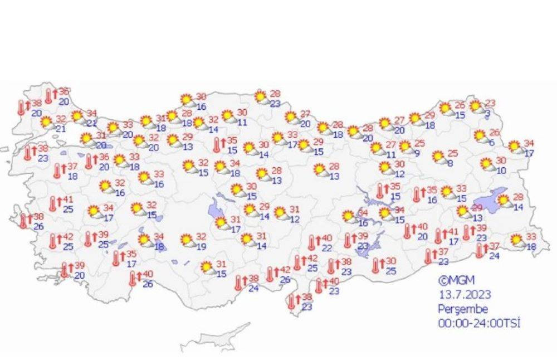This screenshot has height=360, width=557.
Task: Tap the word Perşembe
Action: [x=455, y=309]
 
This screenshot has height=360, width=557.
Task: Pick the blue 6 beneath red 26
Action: [x=491, y=143]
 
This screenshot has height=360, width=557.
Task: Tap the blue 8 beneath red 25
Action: [x=449, y=164]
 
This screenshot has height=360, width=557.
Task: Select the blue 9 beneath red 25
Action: [x=416, y=154]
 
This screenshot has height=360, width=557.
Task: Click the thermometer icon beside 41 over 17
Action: [x=438, y=236]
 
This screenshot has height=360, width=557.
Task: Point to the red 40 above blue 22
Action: [x=328, y=239]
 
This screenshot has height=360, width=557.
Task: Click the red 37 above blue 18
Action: [x=73, y=167]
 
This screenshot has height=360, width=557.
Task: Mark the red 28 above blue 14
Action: [x=518, y=197]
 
